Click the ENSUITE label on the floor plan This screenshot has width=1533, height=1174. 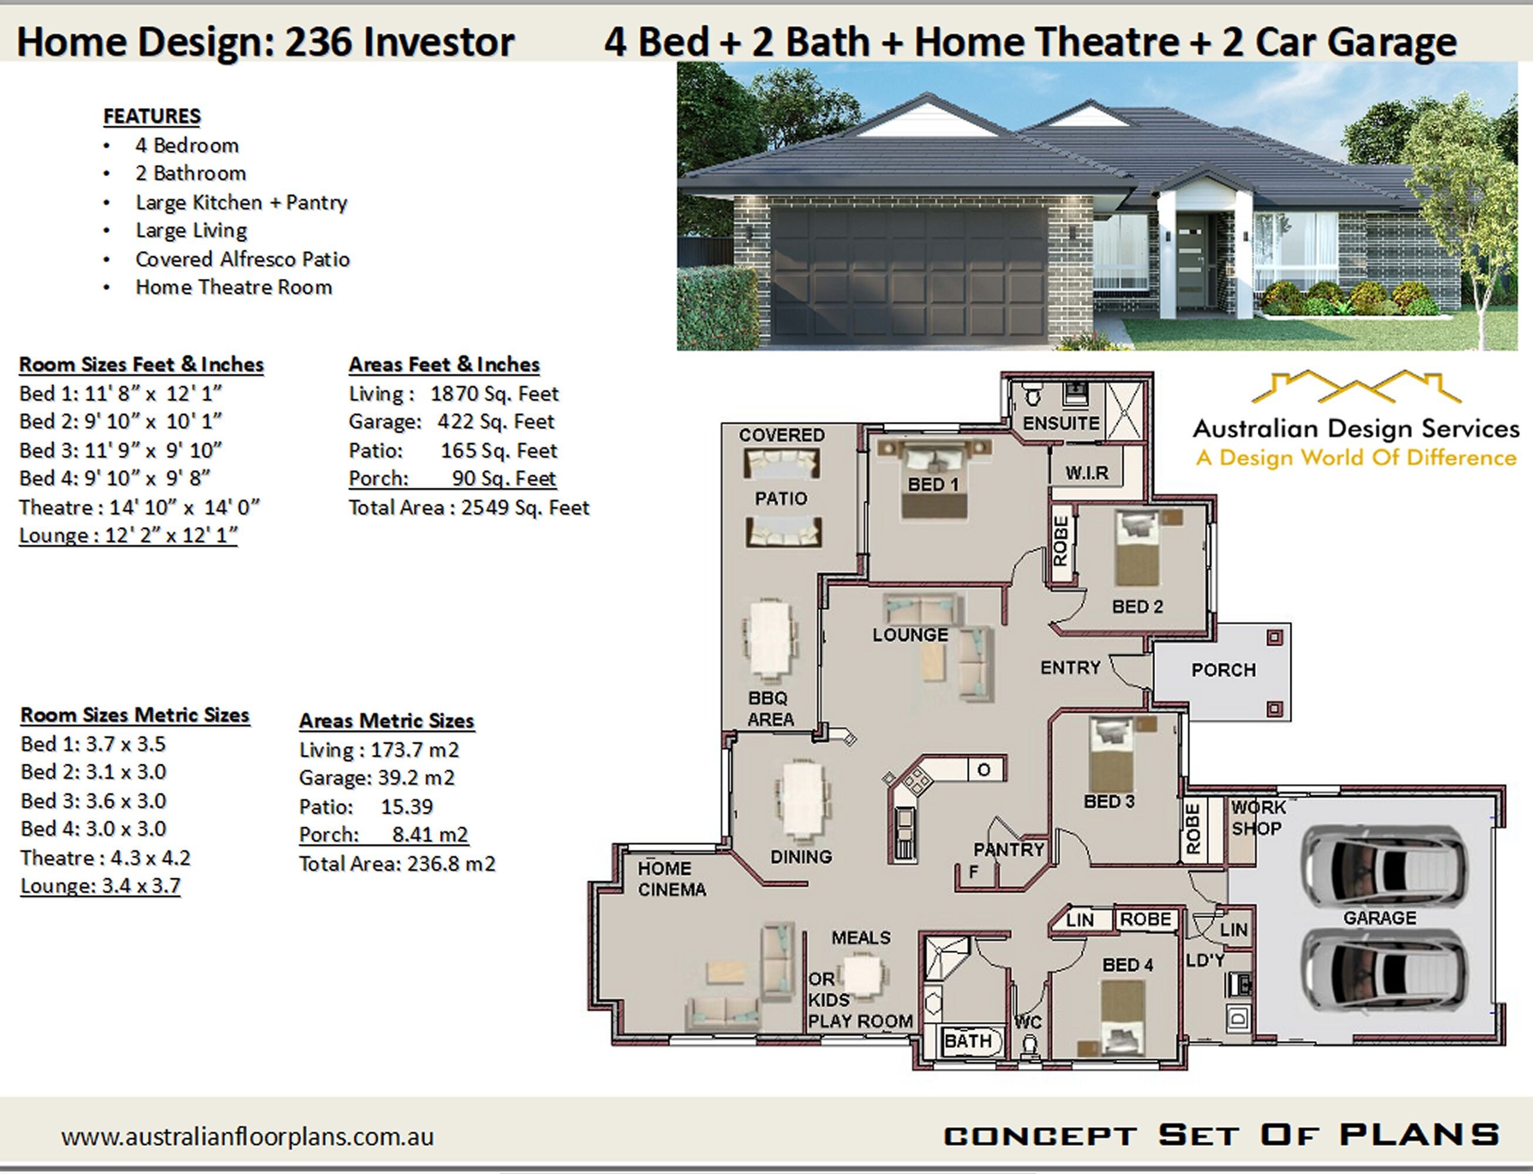[x=1061, y=423]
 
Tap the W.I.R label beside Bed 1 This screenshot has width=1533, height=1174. [x=1086, y=473]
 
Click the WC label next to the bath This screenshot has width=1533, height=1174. [x=1028, y=1023]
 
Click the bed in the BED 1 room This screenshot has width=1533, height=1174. [x=934, y=480]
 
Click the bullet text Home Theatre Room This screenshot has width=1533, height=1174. [x=234, y=287]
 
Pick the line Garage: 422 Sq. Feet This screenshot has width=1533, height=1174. [x=451, y=421]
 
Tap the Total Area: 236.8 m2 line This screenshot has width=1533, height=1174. [x=397, y=863]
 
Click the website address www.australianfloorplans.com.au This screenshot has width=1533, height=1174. [x=247, y=1137]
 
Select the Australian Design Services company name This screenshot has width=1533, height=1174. [x=1356, y=429]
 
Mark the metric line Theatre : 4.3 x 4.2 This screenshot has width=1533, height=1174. [x=105, y=858]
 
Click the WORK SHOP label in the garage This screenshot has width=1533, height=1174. [x=1258, y=818]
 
